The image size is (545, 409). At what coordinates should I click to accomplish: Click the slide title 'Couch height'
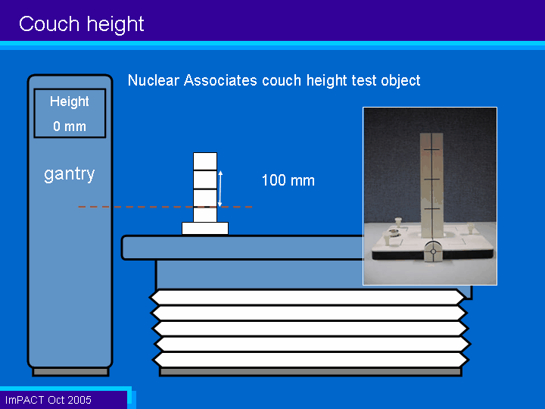coord(81,24)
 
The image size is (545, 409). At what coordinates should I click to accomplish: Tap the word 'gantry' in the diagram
coord(70,173)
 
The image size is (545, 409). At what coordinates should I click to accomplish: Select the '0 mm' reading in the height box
coord(70,126)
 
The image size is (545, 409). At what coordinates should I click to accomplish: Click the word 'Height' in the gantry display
coord(70,101)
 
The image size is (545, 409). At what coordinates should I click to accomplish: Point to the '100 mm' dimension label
coord(288,180)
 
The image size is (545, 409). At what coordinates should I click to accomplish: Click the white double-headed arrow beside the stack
coord(220,189)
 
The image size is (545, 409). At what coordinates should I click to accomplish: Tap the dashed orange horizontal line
coord(165,207)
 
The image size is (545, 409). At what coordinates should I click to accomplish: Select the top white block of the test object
coord(205,161)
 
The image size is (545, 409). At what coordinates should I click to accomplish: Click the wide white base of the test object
coord(205,229)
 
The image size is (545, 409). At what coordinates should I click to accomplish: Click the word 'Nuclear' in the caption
coord(154,80)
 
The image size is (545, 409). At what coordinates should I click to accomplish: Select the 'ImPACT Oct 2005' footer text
coord(48,400)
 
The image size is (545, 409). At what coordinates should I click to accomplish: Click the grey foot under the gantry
coord(70,372)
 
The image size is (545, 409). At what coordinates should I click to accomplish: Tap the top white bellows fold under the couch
coord(307,298)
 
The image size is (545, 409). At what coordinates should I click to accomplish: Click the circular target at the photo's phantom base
coord(433,251)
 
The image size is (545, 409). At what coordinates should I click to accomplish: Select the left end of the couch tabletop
coord(123,247)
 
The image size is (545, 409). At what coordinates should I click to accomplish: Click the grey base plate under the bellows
coord(310,372)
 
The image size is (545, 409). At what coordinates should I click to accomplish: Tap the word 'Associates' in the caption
coord(221,80)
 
